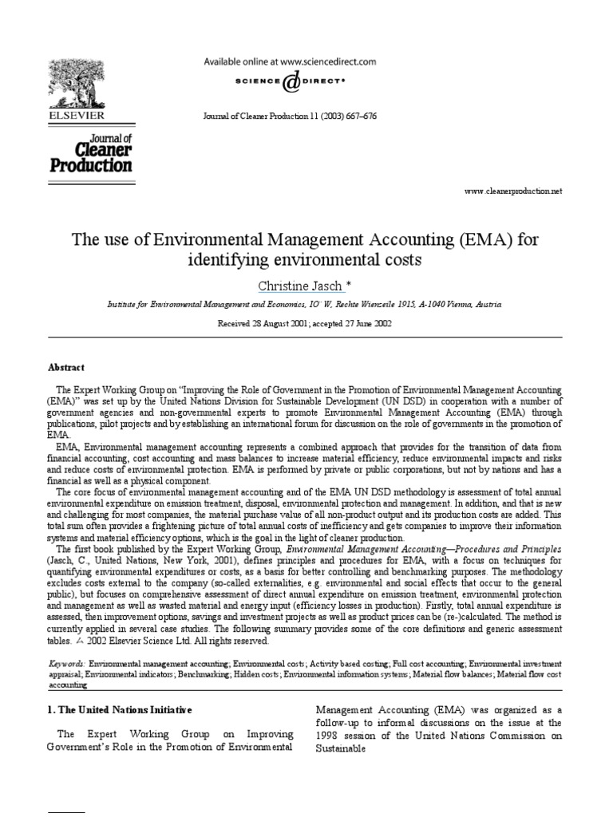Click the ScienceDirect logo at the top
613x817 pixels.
point(291,80)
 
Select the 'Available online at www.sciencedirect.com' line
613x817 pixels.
point(290,61)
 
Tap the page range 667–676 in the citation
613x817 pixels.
point(360,116)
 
